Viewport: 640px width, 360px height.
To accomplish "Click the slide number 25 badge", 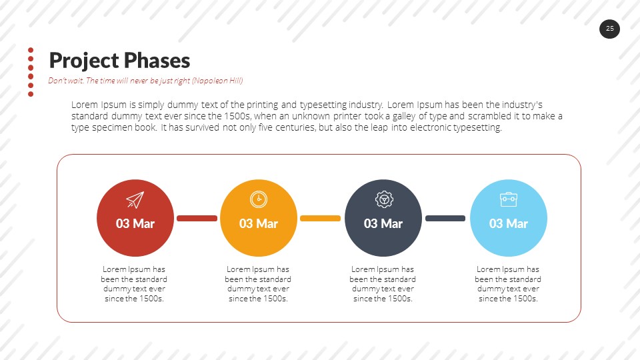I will (609, 29).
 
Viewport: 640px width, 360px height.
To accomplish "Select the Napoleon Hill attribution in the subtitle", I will (217, 81).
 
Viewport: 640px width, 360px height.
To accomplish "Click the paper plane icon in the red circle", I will (135, 199).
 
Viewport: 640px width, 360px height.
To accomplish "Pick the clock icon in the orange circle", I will (258, 199).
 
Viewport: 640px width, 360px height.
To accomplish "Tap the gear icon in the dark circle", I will (383, 199).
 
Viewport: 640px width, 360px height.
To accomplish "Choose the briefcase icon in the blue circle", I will (508, 199).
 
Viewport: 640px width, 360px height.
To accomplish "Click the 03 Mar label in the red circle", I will (135, 223).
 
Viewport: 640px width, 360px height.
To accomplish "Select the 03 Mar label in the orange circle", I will (258, 223).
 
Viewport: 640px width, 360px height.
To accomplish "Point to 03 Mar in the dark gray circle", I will (383, 223).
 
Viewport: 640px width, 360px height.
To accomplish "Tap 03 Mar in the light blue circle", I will (508, 223).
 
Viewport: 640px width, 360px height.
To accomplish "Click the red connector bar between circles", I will (197, 218).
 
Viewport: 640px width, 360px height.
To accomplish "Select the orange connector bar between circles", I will (320, 218).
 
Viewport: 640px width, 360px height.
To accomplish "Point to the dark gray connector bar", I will (445, 218).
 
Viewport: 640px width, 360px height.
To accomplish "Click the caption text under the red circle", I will (135, 284).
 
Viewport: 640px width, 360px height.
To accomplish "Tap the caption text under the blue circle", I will (508, 284).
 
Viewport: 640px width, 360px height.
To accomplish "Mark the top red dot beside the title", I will (31, 50).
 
